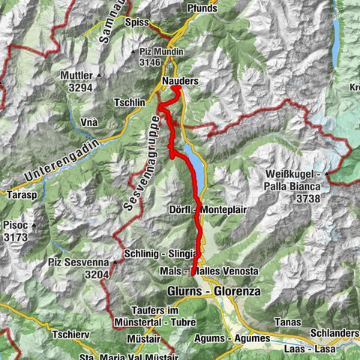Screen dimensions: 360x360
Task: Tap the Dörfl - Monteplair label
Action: tap(204, 209)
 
